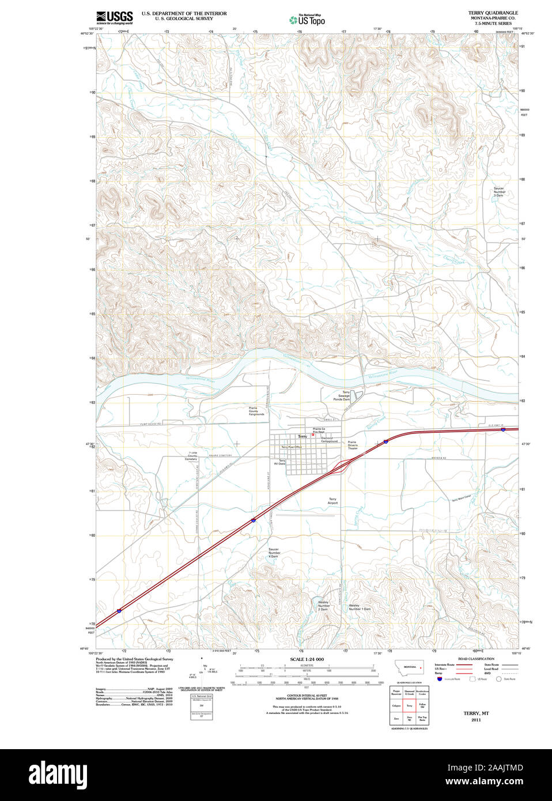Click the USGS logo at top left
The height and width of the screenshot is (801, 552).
114,17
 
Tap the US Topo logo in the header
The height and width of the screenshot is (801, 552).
307,20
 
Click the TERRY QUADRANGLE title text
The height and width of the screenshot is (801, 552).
493,13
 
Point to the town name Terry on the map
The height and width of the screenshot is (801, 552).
303,436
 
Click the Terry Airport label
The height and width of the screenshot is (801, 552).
332,501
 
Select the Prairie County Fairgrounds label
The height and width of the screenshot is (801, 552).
256,411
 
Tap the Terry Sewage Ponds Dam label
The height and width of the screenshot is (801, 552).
345,395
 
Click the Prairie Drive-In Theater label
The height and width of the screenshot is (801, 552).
352,445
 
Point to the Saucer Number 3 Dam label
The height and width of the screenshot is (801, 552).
498,192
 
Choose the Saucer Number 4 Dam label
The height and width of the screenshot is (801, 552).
274,553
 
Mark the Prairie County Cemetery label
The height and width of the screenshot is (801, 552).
191,456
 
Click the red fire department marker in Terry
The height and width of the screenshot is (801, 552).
313,434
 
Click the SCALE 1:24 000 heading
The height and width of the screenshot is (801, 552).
307,659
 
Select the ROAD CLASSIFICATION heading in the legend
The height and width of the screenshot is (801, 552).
476,659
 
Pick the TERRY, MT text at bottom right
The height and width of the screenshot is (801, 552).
476,713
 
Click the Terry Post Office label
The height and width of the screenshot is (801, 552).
291,447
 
